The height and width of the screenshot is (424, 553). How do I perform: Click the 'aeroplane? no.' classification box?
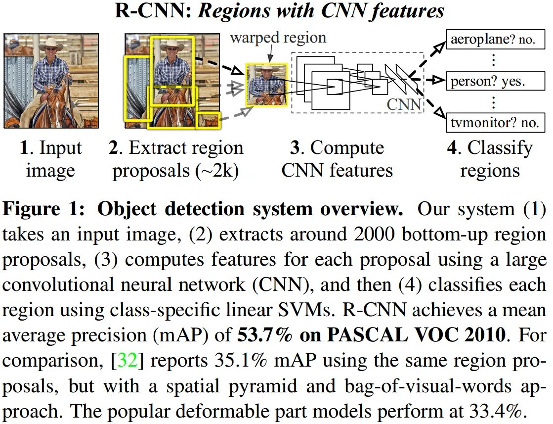click(493, 40)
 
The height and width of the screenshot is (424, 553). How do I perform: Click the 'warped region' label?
click(278, 38)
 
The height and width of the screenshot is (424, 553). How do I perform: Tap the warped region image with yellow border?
click(266, 85)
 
